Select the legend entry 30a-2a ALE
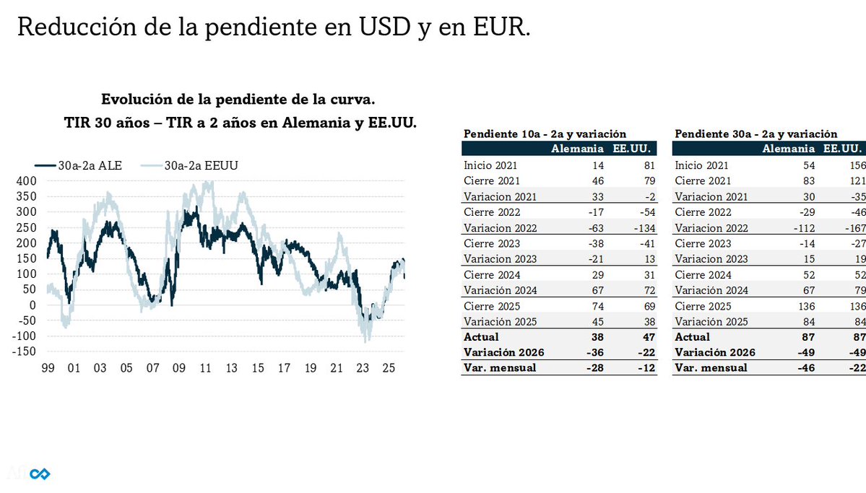80,165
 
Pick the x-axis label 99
48,368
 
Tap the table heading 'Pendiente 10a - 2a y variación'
545,134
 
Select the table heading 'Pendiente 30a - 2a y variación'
756,134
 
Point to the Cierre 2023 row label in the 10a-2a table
492,243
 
